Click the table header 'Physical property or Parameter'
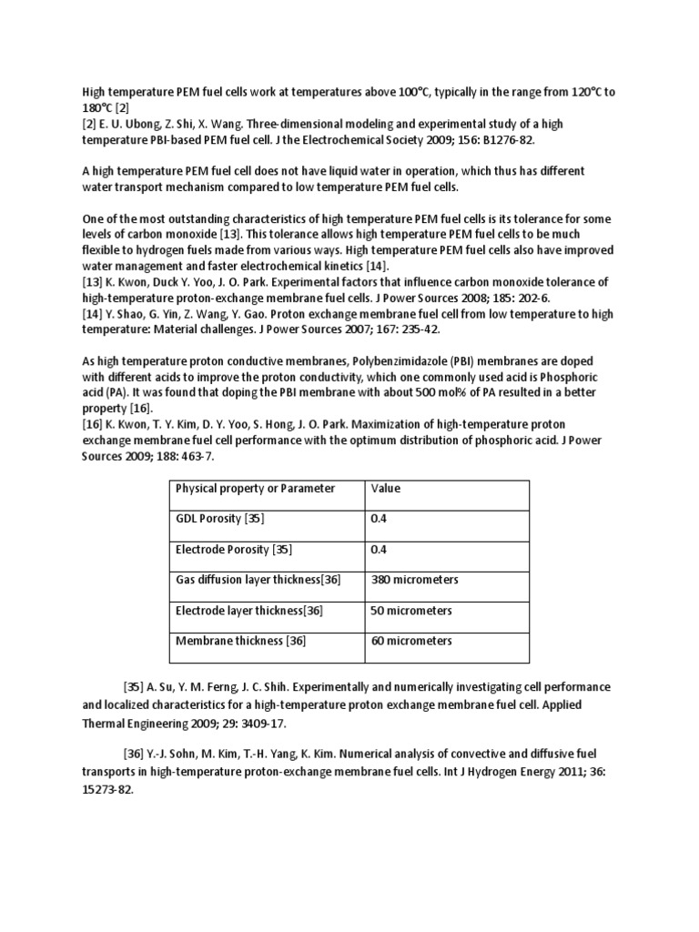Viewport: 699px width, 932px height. pyautogui.click(x=254, y=489)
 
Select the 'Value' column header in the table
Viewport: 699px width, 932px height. pyautogui.click(x=385, y=489)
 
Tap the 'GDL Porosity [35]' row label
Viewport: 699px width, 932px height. pyautogui.click(x=219, y=519)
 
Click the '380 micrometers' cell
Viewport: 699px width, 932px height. pyautogui.click(x=414, y=580)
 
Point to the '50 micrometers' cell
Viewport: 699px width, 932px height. pyautogui.click(x=410, y=611)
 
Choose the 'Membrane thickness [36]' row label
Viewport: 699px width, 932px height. pyautogui.click(x=240, y=642)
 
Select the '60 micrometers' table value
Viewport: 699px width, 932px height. pyautogui.click(x=410, y=642)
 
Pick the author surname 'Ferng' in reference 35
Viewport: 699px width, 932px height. pyautogui.click(x=222, y=687)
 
